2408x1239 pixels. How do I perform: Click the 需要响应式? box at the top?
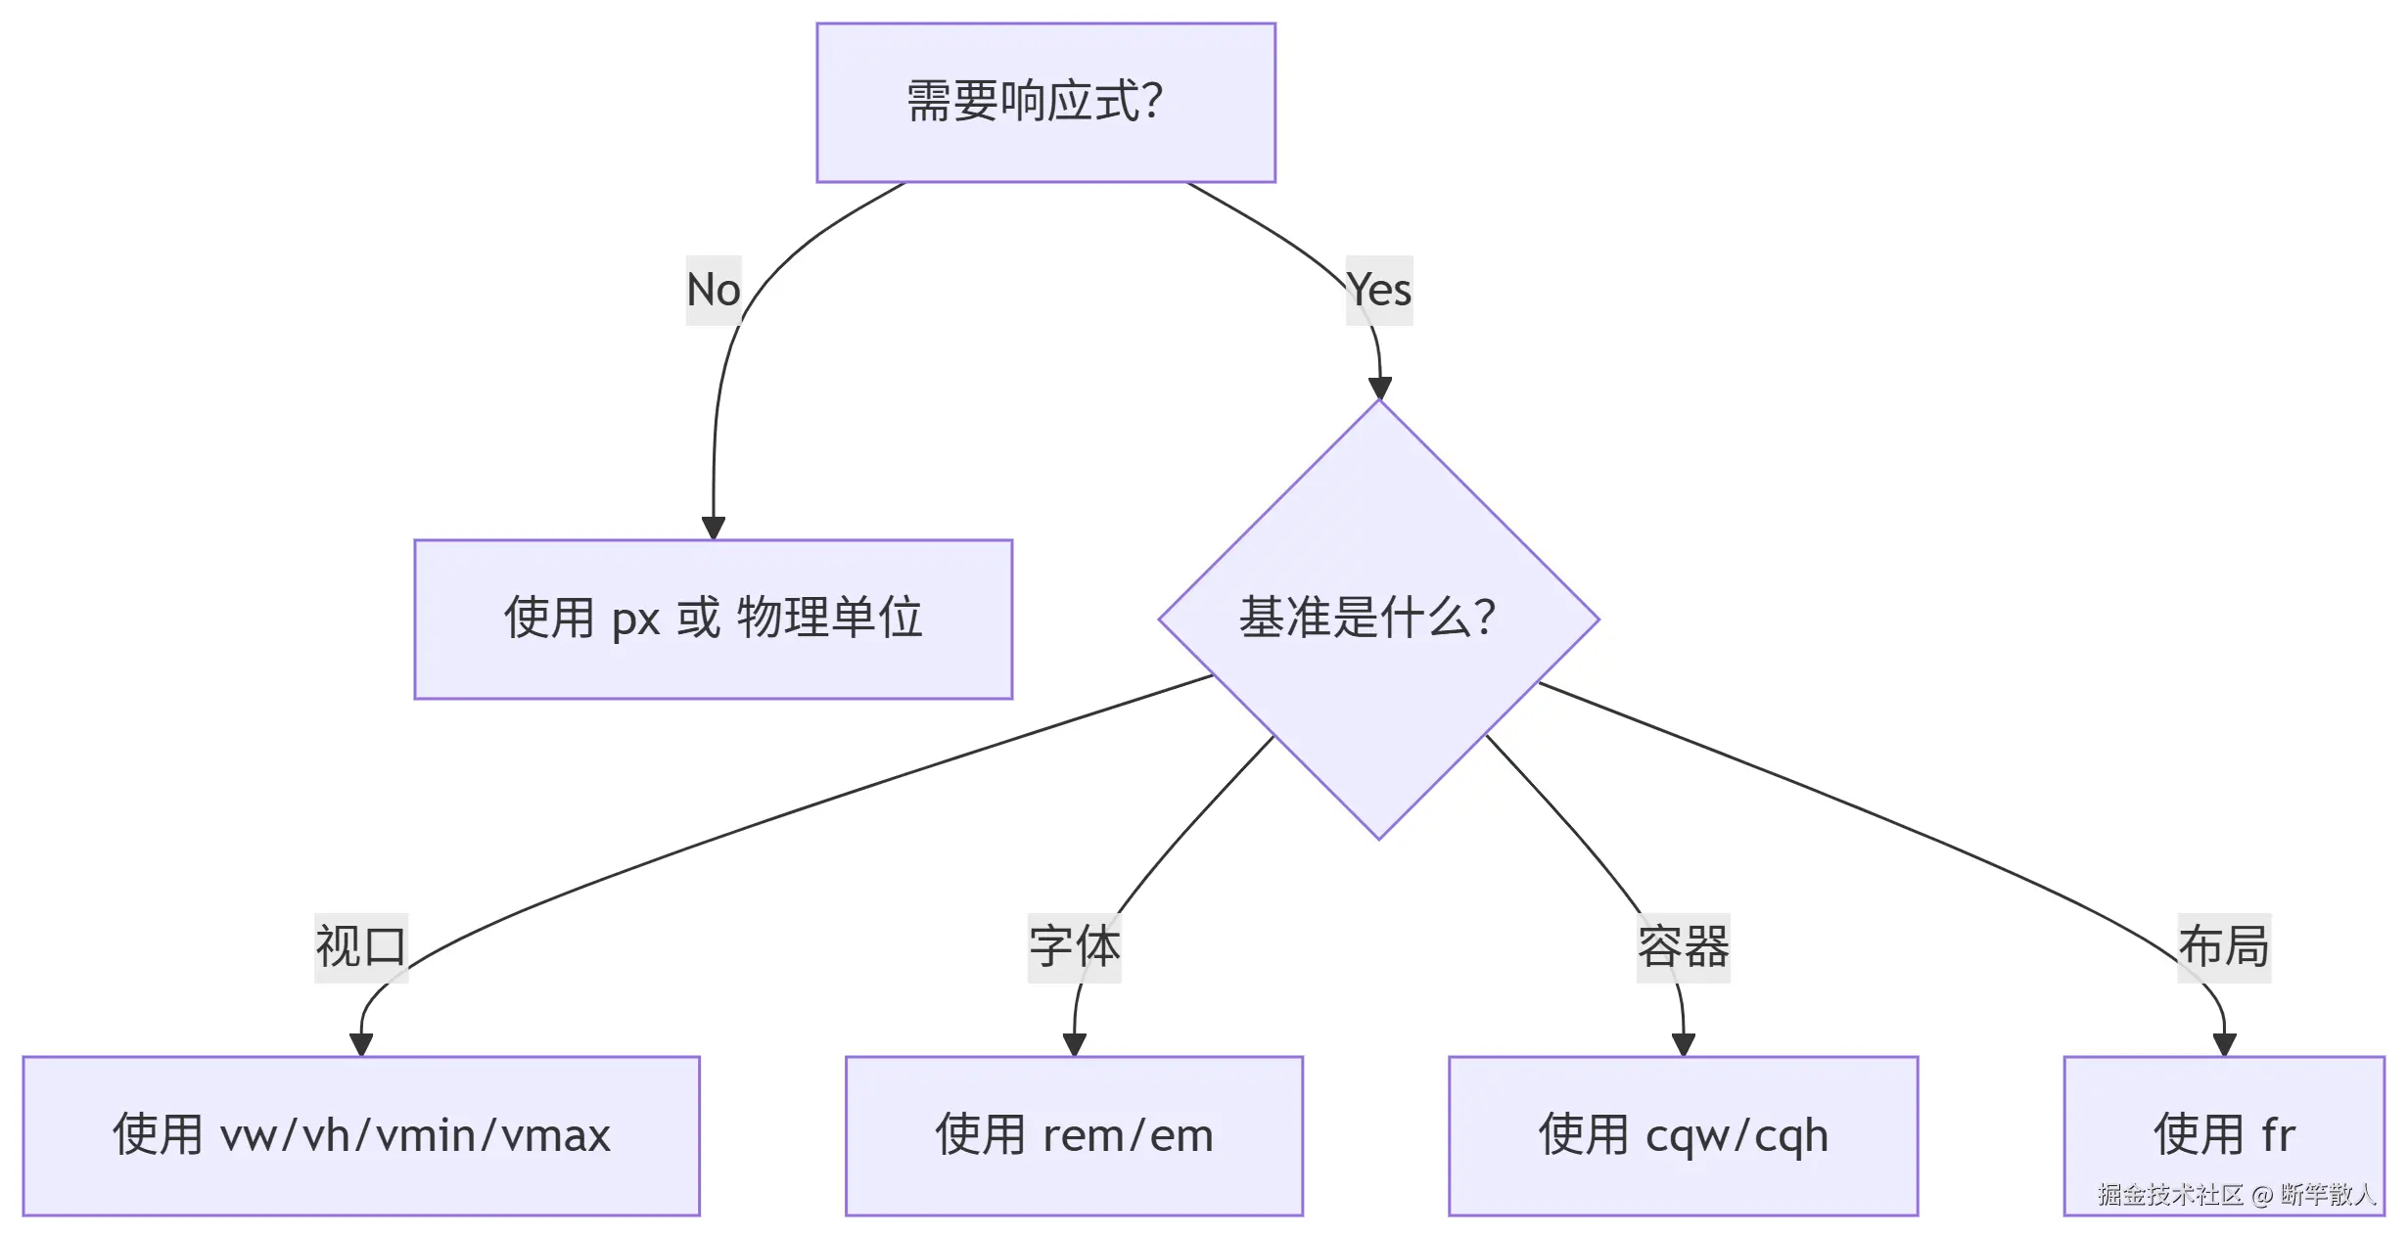point(1045,103)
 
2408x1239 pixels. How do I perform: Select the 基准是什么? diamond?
point(1378,619)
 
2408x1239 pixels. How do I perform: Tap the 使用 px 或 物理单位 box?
point(713,619)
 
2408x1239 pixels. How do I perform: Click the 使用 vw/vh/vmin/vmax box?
point(361,1135)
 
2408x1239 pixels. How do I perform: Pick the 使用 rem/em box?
point(1074,1135)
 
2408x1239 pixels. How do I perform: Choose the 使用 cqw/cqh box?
point(1683,1135)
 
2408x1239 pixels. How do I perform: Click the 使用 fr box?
point(2224,1135)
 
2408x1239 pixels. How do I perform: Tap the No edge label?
point(714,290)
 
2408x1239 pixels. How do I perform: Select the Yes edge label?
point(1379,290)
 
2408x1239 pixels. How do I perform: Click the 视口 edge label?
point(360,946)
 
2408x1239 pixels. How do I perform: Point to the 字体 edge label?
point(1074,946)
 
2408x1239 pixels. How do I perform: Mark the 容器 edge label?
point(1683,946)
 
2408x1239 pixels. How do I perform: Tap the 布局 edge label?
point(2224,946)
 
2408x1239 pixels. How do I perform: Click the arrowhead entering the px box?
point(714,528)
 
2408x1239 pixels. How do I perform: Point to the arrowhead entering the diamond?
point(1380,389)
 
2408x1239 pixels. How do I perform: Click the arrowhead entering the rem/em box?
point(1074,1044)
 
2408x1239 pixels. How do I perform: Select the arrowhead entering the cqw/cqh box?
point(1684,1044)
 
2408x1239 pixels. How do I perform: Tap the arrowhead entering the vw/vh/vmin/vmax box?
point(361,1044)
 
